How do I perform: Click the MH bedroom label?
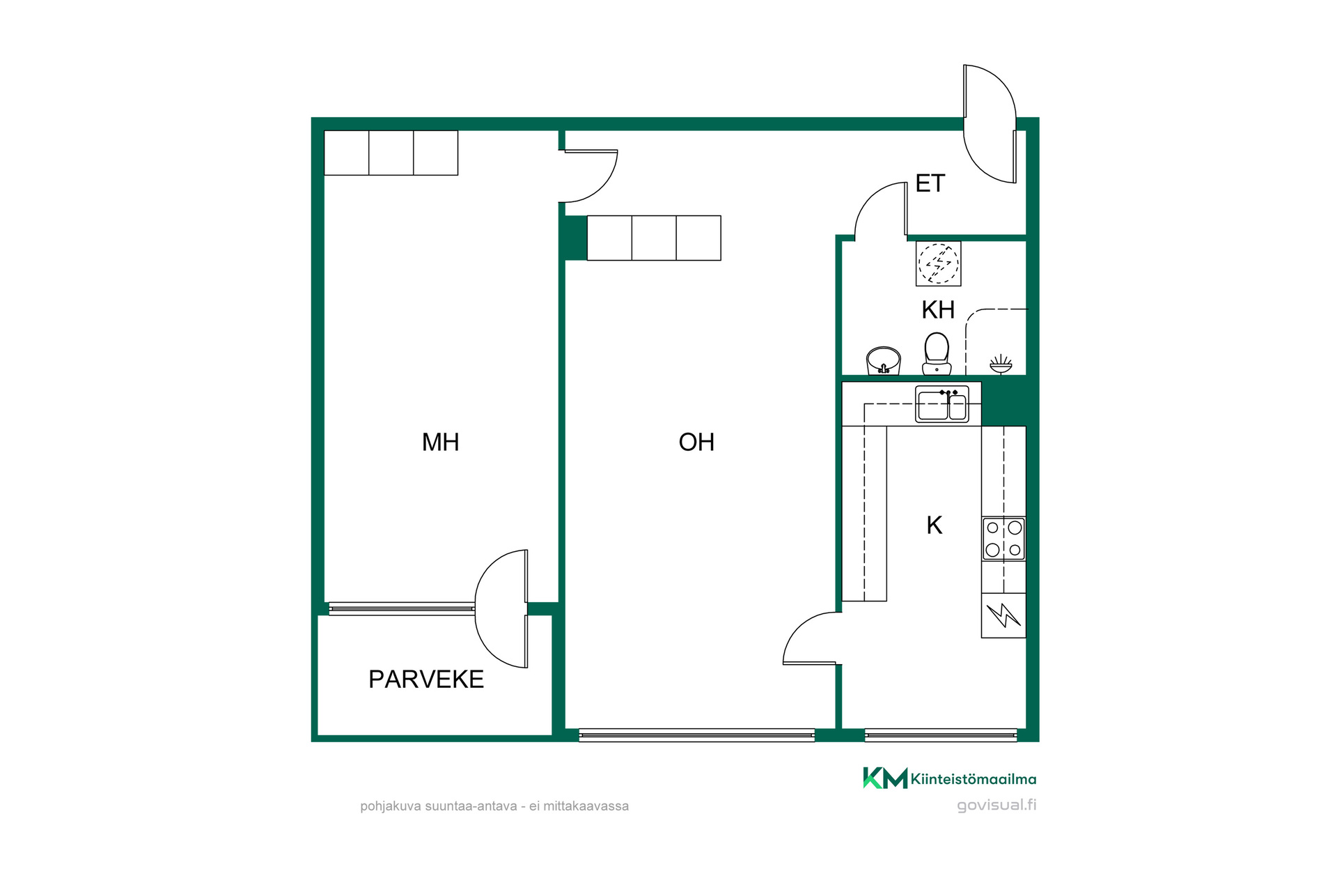(x=440, y=442)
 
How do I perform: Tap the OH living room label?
(x=696, y=442)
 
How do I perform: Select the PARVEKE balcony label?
(x=426, y=679)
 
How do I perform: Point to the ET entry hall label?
(x=930, y=183)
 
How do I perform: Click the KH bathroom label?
(x=938, y=309)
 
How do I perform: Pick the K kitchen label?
(x=935, y=525)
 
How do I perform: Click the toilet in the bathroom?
(x=937, y=354)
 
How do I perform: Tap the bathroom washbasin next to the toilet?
(x=884, y=361)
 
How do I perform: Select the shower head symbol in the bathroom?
(x=1001, y=364)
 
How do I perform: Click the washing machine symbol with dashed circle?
(x=938, y=263)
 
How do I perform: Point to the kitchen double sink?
(x=942, y=404)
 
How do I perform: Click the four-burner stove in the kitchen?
(x=1003, y=539)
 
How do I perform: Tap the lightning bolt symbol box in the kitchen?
(x=1003, y=615)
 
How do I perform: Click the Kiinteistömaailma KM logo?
(x=950, y=778)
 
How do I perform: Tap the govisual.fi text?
(x=996, y=806)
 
